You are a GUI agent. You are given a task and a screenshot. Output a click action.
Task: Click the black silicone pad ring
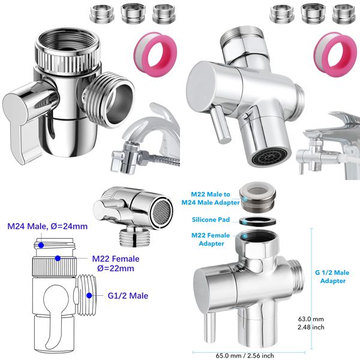pos(259,220)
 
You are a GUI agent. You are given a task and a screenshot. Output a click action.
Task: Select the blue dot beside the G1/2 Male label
pos(89,295)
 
